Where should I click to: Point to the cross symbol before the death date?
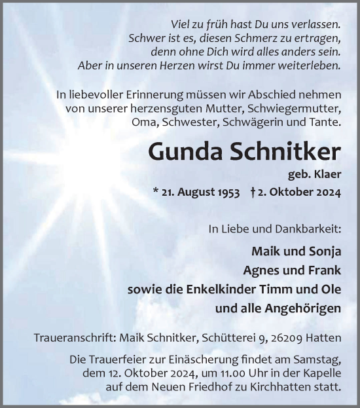point(253,193)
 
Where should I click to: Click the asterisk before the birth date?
point(155,194)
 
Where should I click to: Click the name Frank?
point(323,269)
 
